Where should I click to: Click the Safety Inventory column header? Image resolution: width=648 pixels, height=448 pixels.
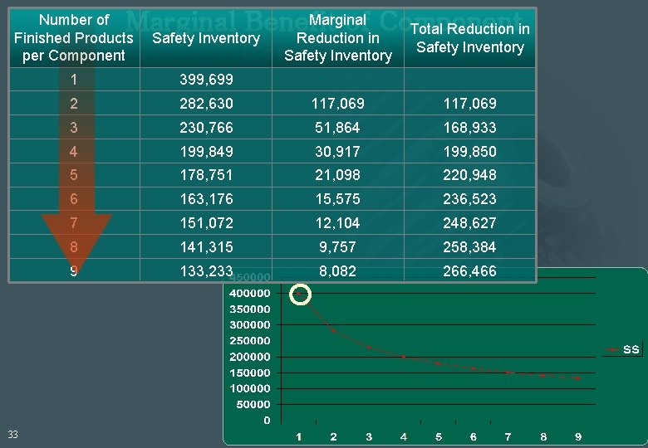click(x=206, y=38)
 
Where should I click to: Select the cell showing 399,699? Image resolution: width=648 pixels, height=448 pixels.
click(x=207, y=80)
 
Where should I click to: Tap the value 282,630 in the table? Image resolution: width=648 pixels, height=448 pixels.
click(x=207, y=104)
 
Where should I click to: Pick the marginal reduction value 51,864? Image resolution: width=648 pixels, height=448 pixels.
click(x=337, y=128)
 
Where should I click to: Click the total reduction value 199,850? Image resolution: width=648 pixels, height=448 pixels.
click(x=469, y=152)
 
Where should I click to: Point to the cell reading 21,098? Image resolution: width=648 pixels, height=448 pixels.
click(x=337, y=175)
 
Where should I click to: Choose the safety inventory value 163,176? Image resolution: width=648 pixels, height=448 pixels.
click(x=207, y=199)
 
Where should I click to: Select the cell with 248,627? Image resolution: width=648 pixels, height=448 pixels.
click(x=469, y=223)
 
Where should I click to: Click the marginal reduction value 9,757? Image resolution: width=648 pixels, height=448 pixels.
click(x=337, y=247)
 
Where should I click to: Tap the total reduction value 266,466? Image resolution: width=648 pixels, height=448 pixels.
click(x=469, y=271)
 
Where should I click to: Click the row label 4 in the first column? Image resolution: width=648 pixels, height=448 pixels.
click(x=74, y=152)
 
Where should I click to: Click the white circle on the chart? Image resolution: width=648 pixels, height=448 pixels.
click(x=300, y=294)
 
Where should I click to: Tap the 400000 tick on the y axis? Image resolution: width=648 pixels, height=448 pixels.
click(x=251, y=293)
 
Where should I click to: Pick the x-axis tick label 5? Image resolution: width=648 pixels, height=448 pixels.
click(x=438, y=437)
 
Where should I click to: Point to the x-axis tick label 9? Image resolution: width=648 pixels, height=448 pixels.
click(x=578, y=437)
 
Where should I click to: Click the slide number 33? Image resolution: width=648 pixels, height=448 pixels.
click(x=13, y=434)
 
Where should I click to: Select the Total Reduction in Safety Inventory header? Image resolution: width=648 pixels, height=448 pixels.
click(x=469, y=38)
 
